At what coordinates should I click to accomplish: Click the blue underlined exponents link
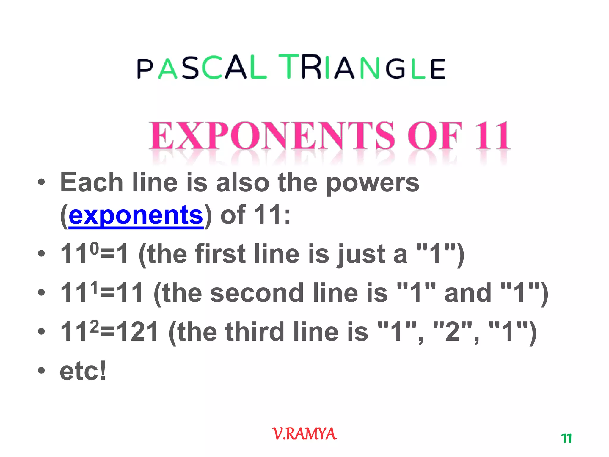(x=136, y=215)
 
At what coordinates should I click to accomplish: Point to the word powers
(x=373, y=183)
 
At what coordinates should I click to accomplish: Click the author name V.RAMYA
(x=304, y=434)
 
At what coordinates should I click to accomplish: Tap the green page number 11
(x=566, y=439)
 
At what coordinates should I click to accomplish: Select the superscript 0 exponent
(x=94, y=248)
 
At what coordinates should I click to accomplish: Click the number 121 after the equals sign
(x=137, y=332)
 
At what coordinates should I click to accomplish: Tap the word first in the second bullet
(x=220, y=254)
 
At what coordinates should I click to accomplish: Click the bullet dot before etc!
(x=41, y=371)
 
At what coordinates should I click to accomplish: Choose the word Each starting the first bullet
(x=92, y=183)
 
